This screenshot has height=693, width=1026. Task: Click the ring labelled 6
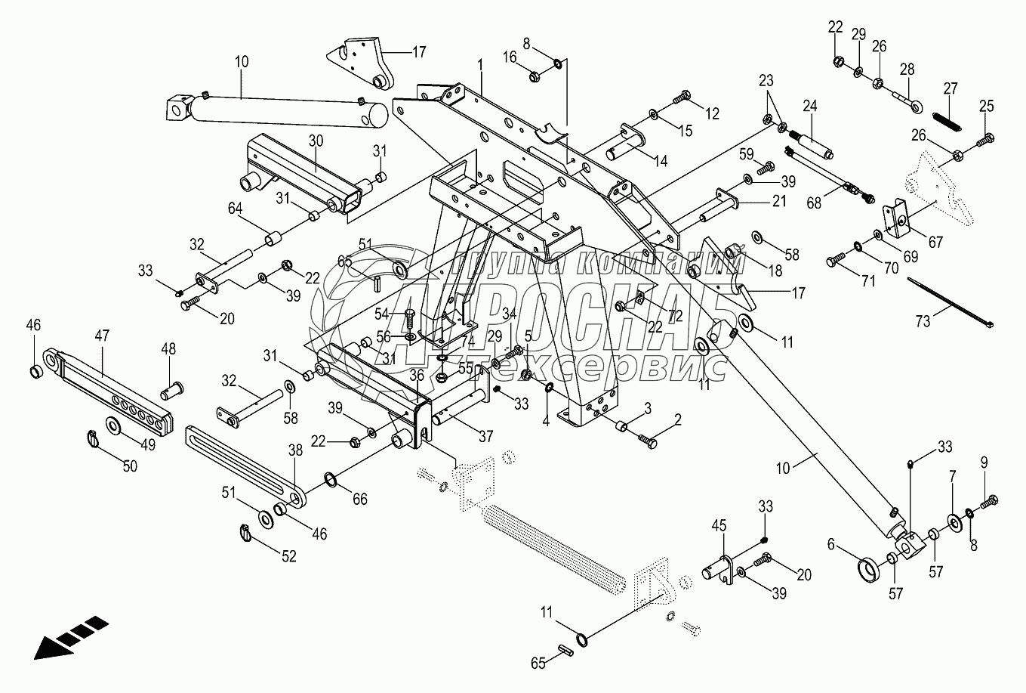[871, 568]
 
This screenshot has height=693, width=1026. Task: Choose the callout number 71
[868, 281]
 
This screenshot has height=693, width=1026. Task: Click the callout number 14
[661, 160]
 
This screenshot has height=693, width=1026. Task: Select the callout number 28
[907, 70]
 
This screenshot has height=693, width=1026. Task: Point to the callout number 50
[130, 466]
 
